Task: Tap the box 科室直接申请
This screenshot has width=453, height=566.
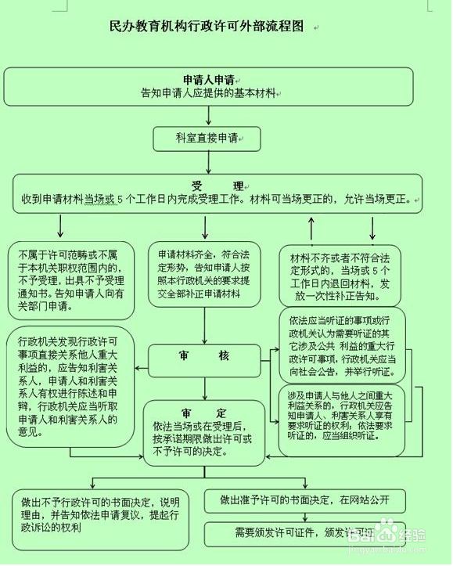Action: click(x=206, y=137)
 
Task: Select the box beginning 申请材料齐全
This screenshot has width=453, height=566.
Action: click(x=207, y=275)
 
